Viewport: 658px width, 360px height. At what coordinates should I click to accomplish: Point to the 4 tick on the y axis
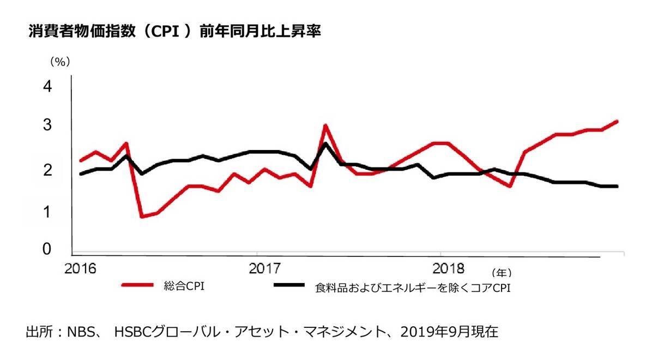47,86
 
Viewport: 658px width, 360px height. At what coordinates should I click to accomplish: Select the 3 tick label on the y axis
47,125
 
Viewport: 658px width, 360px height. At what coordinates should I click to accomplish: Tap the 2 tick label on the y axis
47,170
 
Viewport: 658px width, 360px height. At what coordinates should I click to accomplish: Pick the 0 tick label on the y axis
47,249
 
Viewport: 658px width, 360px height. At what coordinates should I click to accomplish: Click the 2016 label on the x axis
80,269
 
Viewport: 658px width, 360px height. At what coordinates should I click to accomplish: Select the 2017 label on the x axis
264,269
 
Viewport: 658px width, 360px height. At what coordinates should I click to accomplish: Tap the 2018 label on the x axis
448,269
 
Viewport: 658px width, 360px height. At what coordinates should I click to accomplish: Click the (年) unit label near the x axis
501,272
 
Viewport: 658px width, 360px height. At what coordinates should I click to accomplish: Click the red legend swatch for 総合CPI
136,285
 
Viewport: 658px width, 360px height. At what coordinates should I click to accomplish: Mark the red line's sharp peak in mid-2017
325,125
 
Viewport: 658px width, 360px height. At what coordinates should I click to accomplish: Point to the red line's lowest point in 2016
142,217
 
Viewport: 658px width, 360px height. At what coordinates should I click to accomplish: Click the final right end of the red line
617,121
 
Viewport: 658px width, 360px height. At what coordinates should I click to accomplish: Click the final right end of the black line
617,187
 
